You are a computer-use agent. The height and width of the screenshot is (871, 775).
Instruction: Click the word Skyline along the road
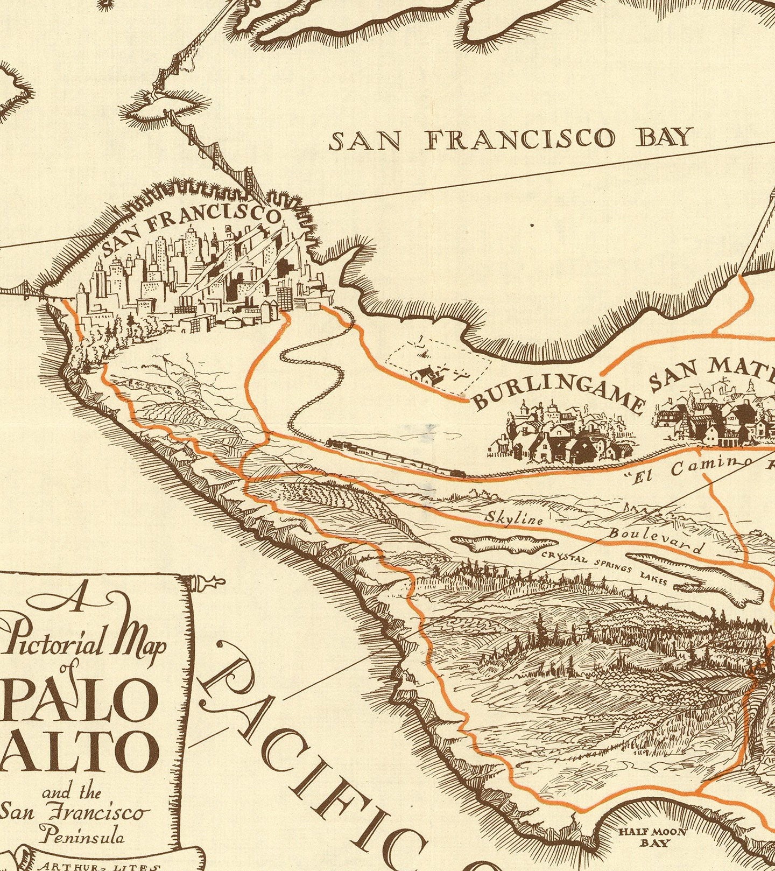point(515,518)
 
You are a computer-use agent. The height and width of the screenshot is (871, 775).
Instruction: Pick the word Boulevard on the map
point(656,540)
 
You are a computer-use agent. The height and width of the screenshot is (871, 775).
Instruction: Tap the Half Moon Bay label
point(652,837)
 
